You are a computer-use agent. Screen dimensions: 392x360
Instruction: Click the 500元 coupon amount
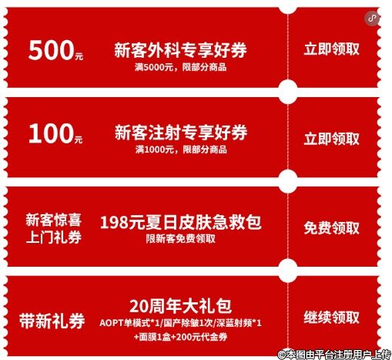click(55, 50)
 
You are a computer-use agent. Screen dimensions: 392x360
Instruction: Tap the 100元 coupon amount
click(55, 133)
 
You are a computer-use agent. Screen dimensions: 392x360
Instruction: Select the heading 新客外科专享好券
click(180, 49)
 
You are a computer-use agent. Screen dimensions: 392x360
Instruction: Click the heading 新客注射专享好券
click(181, 132)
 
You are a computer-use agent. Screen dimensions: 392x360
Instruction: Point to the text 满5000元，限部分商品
click(180, 67)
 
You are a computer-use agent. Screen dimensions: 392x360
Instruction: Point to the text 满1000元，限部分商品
click(181, 150)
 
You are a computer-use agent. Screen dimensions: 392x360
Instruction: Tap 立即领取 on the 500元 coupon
click(331, 49)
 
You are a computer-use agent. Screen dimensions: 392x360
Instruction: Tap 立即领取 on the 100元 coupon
click(331, 139)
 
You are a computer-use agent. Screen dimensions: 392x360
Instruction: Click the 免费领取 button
click(331, 228)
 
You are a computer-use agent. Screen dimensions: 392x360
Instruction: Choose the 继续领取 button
click(331, 318)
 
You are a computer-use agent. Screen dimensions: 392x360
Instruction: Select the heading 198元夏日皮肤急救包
click(181, 222)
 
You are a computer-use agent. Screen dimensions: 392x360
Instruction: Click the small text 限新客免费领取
click(180, 239)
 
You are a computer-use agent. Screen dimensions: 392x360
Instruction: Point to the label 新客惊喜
click(53, 220)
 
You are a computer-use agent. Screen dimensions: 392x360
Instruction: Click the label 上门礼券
click(53, 237)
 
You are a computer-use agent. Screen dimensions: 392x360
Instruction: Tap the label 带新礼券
click(52, 321)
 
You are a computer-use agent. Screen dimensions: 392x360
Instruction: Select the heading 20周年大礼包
click(180, 306)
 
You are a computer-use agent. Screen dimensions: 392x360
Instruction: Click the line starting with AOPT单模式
click(180, 323)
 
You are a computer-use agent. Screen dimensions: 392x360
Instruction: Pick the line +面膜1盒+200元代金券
click(180, 337)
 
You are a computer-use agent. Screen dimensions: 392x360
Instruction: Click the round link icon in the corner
click(372, 19)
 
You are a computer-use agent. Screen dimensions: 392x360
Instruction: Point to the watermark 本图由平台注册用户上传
click(334, 355)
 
